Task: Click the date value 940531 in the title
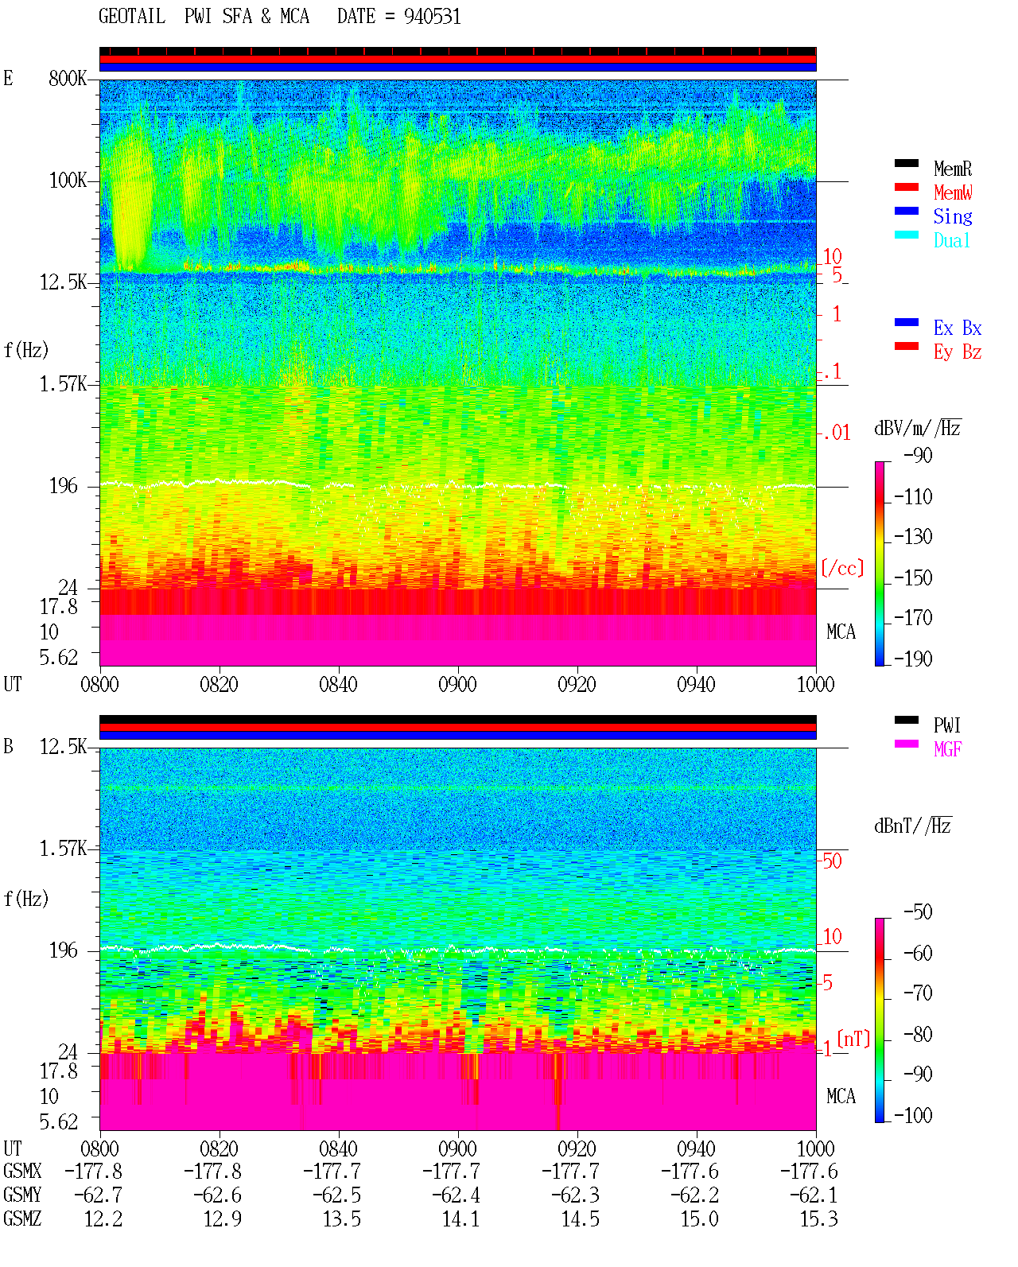[432, 17]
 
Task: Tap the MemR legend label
[953, 169]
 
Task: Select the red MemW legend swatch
[906, 187]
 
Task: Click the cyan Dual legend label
[951, 240]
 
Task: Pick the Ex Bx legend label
[958, 328]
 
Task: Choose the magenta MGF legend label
[947, 749]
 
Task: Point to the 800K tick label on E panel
[68, 78]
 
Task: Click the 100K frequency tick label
[68, 181]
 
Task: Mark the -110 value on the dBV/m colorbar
[913, 497]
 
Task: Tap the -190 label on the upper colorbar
[913, 659]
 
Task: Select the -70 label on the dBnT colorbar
[918, 993]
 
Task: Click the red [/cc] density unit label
[842, 568]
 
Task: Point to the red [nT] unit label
[853, 1039]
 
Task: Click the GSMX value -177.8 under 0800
[94, 1172]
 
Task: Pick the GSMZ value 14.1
[461, 1218]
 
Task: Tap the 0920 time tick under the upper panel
[577, 685]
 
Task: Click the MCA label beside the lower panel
[841, 1096]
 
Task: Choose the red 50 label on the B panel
[832, 861]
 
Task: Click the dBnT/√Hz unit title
[913, 826]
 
